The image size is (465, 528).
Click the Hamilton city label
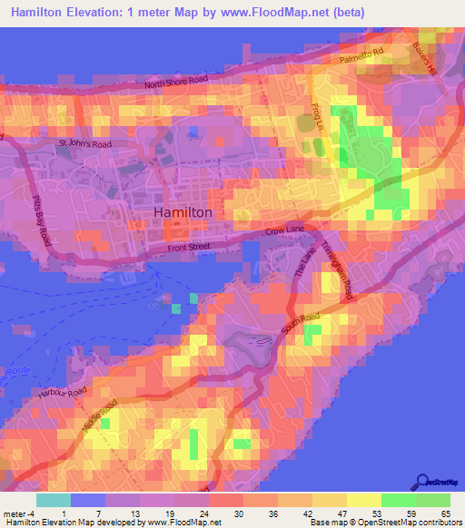[183, 211]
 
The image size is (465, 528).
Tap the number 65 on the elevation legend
[444, 513]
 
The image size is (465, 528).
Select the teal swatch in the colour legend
[54, 499]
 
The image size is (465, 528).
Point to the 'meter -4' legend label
[19, 513]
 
